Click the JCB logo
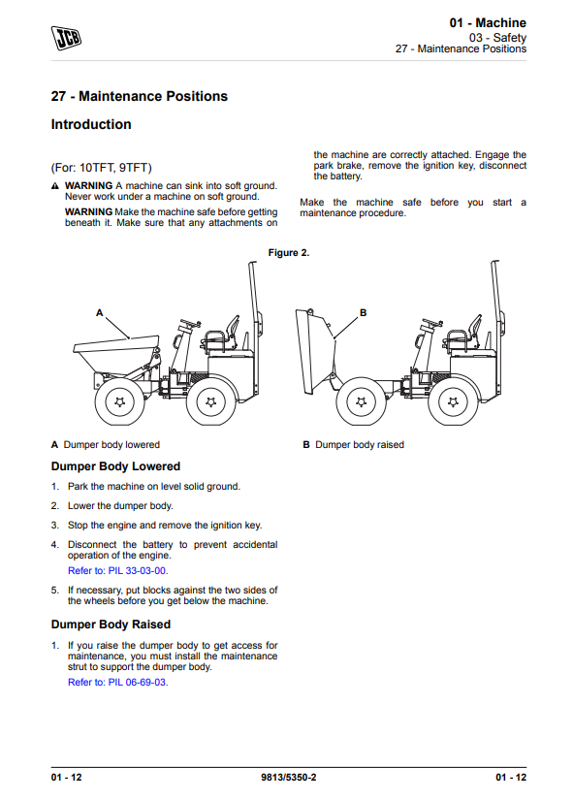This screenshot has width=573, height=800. point(66,38)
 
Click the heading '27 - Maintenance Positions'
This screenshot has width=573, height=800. point(140,96)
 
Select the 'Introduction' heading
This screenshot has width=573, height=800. point(91,124)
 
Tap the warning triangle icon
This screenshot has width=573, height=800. point(55,186)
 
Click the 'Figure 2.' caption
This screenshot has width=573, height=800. point(289,252)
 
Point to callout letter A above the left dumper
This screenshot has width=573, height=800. point(100,313)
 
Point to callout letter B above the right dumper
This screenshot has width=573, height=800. point(363,313)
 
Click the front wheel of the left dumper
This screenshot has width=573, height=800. point(119,402)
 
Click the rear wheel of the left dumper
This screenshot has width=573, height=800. point(210,402)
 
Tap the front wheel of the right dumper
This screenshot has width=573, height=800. point(362,402)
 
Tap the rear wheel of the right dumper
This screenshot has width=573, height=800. point(453,402)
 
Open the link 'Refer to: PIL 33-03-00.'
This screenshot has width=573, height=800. point(118,571)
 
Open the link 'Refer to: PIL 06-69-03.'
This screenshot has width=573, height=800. point(118,683)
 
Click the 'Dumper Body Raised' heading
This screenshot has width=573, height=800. point(111,624)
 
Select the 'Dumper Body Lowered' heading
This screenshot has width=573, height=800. point(115,466)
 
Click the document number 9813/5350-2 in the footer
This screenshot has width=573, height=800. point(289,778)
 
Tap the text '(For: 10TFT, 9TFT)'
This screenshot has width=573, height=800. point(102,168)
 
